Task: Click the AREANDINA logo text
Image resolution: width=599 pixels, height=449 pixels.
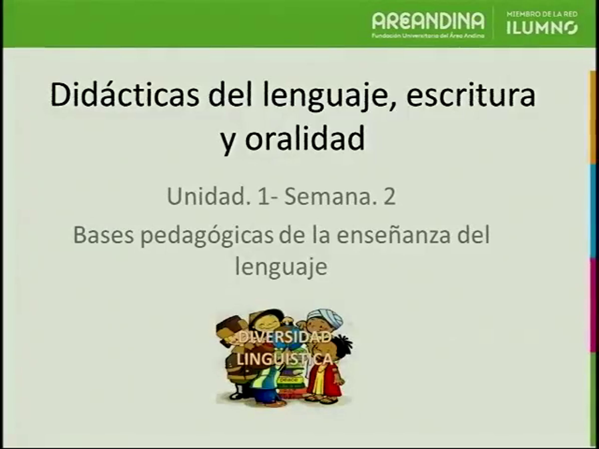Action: click(428, 21)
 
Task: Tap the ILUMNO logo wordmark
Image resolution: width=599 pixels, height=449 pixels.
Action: click(542, 28)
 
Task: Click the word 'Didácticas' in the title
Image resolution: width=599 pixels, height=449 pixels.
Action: click(125, 96)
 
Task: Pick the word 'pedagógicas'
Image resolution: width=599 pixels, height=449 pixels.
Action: click(207, 235)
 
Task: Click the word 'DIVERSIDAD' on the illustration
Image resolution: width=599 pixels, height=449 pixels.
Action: click(284, 337)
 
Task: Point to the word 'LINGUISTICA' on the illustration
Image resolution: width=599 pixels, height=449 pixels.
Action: click(284, 359)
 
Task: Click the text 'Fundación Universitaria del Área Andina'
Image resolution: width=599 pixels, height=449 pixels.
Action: click(428, 35)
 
